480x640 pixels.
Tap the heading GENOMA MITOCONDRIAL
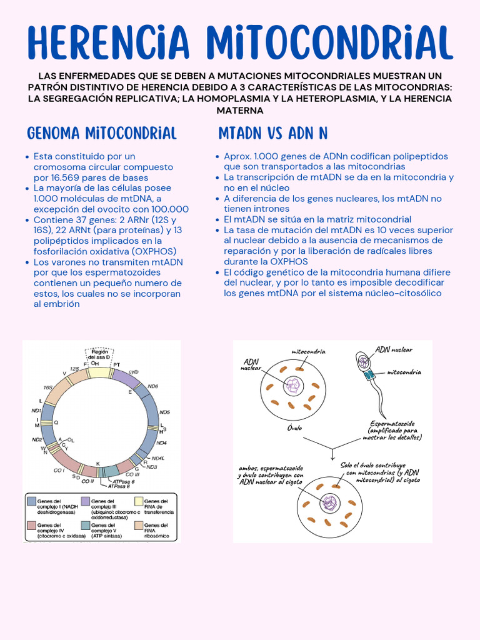tap(102, 133)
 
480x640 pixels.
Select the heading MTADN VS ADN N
tap(273, 133)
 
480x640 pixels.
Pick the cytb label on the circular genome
tap(133, 372)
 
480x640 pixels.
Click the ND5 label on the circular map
tap(165, 412)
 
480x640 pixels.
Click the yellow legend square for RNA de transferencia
tap(139, 501)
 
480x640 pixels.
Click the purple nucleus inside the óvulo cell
tap(292, 386)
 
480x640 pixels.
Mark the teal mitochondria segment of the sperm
tap(369, 374)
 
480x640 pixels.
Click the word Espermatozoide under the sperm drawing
tap(392, 423)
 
